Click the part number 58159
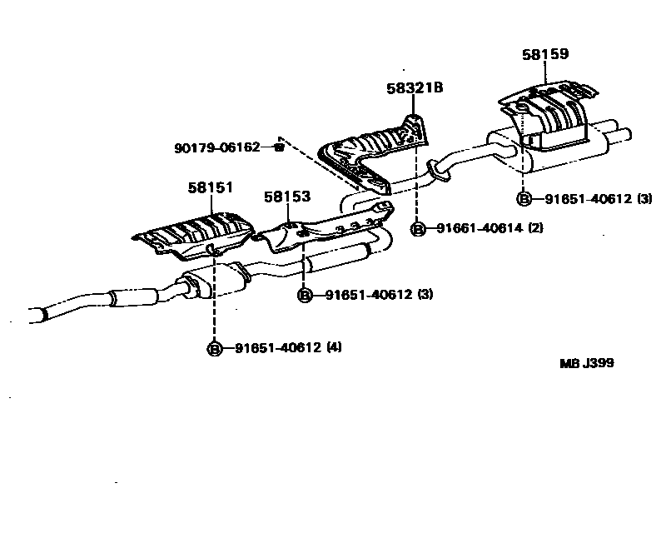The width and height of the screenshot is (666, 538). [545, 54]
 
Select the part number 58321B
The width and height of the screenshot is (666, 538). [414, 87]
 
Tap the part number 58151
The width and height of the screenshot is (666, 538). [210, 189]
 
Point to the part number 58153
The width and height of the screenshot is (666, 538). [287, 197]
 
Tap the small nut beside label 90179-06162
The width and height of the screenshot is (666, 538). [280, 148]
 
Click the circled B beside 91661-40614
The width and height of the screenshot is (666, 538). [419, 228]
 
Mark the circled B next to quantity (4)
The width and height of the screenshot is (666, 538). [215, 348]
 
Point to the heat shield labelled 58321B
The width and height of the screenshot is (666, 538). [371, 150]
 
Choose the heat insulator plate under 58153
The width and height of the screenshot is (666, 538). [325, 229]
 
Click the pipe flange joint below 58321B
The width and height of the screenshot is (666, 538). [436, 171]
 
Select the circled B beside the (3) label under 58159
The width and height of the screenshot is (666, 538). [524, 198]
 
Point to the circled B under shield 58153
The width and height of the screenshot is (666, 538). [306, 294]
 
